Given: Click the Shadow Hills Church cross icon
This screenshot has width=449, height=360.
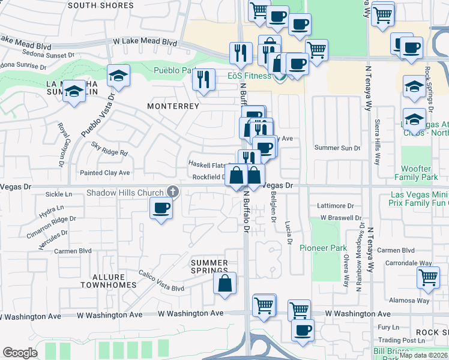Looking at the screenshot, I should tap(172, 192).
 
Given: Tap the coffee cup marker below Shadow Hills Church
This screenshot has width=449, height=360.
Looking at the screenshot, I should tap(160, 209).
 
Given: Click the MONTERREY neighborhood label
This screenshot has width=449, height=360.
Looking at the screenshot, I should tap(173, 106).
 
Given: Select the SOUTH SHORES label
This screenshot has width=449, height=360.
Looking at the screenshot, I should tap(100, 5).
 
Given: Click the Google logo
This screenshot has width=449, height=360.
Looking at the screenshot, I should tap(20, 352).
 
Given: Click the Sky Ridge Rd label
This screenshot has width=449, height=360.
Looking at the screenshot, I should tap(110, 149).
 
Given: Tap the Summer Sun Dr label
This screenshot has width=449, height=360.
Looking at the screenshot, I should tap(337, 148).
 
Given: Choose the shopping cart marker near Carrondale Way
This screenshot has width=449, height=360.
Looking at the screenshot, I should tap(427, 277).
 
